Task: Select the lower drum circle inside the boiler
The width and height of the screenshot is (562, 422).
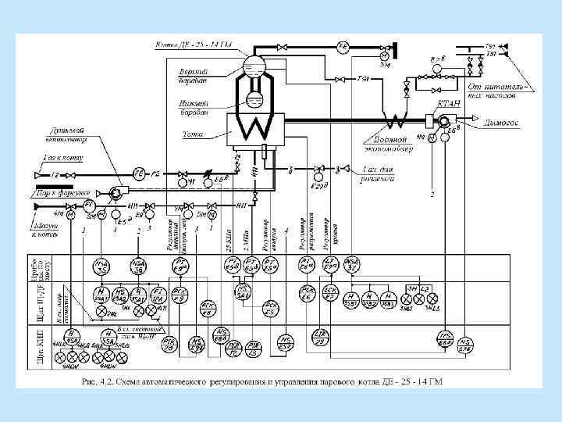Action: point(254,100)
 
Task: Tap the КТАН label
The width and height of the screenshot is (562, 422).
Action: point(448,102)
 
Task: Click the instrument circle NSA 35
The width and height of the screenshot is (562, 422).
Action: point(101,266)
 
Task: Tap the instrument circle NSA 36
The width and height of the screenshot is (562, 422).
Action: point(137,266)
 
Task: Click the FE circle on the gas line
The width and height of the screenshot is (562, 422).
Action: point(140,173)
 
